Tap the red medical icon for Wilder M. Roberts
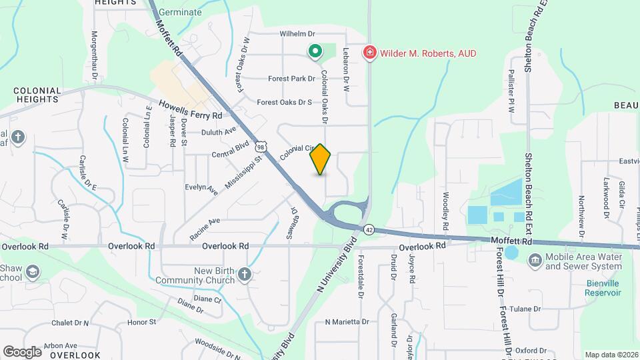point(369,52)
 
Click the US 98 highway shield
point(261,147)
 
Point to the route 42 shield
point(369,229)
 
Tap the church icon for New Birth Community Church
point(245,275)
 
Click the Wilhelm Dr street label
point(297,33)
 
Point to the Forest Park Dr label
point(291,79)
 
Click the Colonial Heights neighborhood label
point(37,94)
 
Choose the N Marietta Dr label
point(347,321)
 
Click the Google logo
point(23,351)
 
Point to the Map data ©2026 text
point(611,355)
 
